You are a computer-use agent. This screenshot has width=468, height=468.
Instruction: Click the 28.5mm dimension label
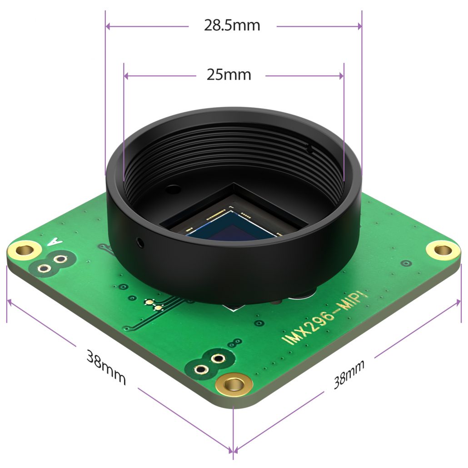(x=232, y=25)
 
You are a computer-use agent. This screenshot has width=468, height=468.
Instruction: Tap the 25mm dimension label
(x=229, y=74)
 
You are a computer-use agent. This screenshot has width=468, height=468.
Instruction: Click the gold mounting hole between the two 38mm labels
(x=234, y=385)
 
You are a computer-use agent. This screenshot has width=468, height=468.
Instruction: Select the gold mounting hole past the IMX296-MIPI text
(x=442, y=249)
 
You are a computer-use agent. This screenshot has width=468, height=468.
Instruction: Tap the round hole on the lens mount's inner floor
(x=173, y=187)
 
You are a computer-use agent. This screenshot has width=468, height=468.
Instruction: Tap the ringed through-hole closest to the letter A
(x=59, y=259)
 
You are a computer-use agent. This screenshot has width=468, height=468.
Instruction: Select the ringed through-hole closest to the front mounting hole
(x=219, y=359)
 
